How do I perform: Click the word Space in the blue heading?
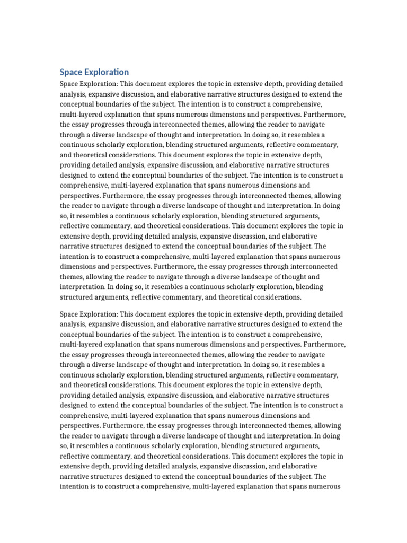click(70, 72)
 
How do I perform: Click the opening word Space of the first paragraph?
click(70, 84)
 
